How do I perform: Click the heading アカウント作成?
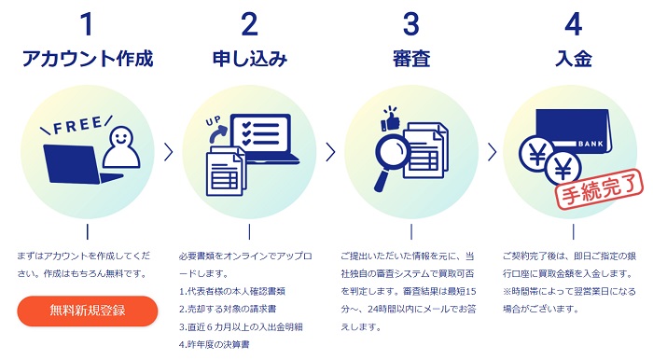coord(88,58)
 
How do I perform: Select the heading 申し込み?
coord(249,58)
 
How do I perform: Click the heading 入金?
coord(574,58)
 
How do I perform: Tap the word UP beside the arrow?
coord(212,122)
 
